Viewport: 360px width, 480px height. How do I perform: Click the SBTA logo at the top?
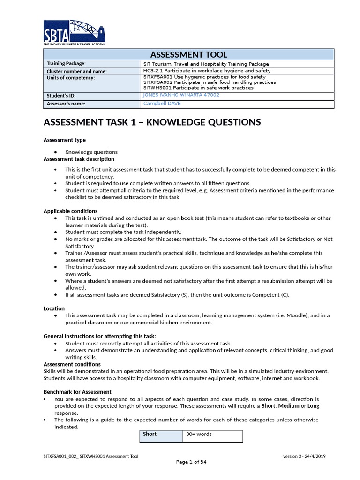pos(74,32)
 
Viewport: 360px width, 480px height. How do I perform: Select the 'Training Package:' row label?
pos(66,64)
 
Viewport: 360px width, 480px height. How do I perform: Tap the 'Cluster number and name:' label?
pos(77,71)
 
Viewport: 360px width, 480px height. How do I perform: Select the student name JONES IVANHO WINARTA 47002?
pos(181,95)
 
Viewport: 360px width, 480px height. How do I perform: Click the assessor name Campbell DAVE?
pos(162,103)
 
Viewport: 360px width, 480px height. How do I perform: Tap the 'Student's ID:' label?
pos(61,96)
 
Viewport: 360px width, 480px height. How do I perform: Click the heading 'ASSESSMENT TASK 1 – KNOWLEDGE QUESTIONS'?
pos(152,122)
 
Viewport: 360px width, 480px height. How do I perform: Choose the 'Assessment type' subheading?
pos(65,140)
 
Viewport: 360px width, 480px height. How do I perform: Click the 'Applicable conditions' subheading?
pos(70,211)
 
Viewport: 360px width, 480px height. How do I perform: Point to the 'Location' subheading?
pos(54,308)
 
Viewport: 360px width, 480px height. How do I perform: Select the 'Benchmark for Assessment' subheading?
pos(77,392)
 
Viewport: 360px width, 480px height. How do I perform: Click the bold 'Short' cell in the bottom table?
pos(150,434)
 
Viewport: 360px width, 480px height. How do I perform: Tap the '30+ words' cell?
pos(199,434)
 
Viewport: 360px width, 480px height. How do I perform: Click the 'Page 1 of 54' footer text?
pos(191,462)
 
